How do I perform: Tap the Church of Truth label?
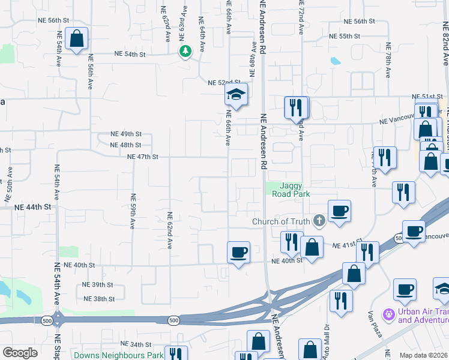tap(280, 222)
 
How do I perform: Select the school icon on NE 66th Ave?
tap(237, 94)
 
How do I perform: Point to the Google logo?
tap(20, 353)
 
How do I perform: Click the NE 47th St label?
tap(142, 157)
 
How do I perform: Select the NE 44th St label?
tap(32, 206)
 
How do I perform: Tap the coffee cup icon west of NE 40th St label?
tap(239, 252)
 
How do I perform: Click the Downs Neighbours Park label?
tap(118, 355)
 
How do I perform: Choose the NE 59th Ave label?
tap(133, 211)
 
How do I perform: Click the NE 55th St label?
tap(345, 36)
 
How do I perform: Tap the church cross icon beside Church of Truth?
tap(319, 222)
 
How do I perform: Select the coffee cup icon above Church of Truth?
tap(339, 211)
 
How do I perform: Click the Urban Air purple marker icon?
tap(389, 314)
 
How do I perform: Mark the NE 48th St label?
tap(125, 145)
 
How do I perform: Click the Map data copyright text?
tap(424, 355)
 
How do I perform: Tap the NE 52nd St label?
tap(223, 83)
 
